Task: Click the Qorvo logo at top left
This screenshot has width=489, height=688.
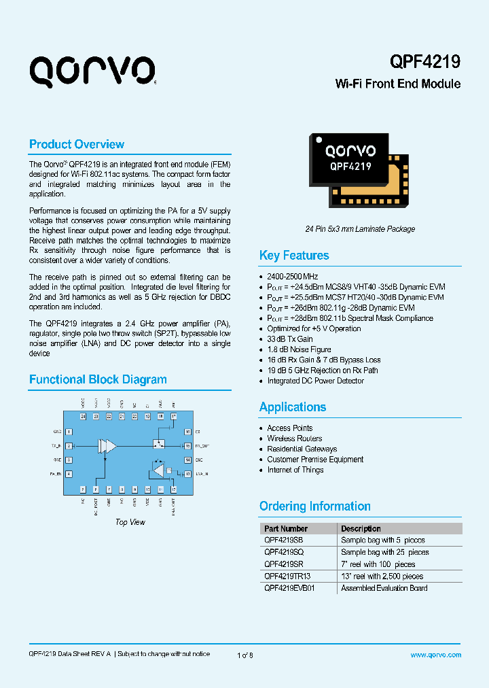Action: click(x=92, y=71)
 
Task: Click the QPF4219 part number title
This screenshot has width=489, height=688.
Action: click(x=425, y=61)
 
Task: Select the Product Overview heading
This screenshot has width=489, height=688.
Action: click(x=77, y=144)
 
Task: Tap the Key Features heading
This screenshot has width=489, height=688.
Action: click(x=294, y=256)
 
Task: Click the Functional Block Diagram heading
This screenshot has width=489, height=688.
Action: click(x=98, y=379)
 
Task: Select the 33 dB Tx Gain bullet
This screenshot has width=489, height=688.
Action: click(x=290, y=339)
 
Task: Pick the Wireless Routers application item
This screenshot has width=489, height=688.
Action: click(x=295, y=438)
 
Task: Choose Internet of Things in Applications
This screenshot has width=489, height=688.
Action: click(x=295, y=470)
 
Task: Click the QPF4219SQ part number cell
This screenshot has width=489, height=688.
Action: click(x=284, y=552)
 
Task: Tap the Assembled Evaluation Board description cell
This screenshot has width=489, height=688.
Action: click(x=384, y=588)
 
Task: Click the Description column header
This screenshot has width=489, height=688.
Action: click(x=361, y=528)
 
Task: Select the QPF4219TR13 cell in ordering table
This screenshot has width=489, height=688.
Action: click(x=287, y=576)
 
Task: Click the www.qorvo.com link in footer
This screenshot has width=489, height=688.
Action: click(x=436, y=655)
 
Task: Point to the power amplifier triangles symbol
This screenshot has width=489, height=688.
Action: click(x=107, y=446)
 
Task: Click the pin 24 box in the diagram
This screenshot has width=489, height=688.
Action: click(x=83, y=416)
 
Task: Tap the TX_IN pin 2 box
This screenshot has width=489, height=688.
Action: click(x=69, y=446)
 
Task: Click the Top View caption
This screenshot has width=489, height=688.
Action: click(x=130, y=522)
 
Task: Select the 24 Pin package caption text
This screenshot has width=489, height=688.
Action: click(x=360, y=229)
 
